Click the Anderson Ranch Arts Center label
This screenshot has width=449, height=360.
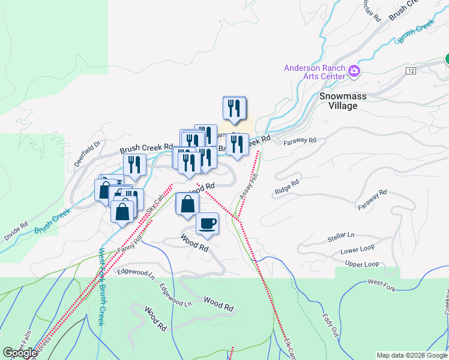(x=315, y=72)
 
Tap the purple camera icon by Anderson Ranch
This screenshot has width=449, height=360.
(x=354, y=72)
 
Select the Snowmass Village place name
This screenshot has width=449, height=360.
(x=346, y=101)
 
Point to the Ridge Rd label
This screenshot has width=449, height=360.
(x=286, y=187)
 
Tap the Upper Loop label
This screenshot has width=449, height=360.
(x=362, y=264)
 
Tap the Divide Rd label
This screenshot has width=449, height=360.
(x=16, y=232)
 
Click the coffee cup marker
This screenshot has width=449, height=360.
(x=208, y=223)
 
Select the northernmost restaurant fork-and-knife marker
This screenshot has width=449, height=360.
(x=234, y=107)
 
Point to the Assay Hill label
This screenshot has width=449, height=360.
(x=247, y=188)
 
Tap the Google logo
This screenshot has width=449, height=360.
(x=20, y=353)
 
